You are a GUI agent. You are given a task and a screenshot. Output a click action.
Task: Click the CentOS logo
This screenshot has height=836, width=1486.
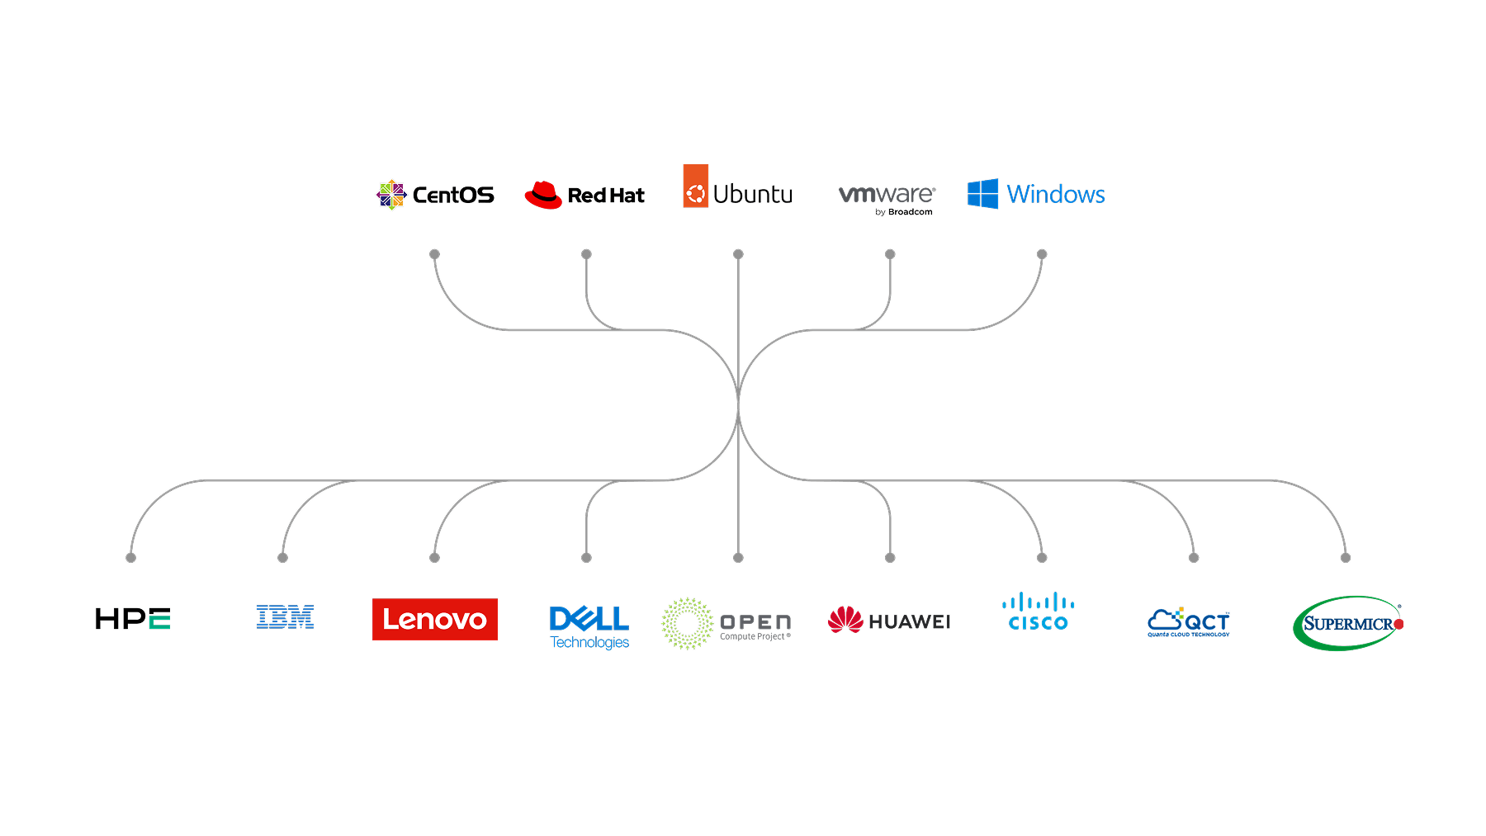click(x=435, y=195)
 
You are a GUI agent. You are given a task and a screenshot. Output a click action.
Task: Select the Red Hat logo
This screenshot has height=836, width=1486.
click(x=584, y=195)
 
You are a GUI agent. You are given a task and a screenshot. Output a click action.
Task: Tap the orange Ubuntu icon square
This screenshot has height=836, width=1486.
click(x=696, y=187)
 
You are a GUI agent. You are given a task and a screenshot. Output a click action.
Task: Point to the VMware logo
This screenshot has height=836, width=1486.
click(x=887, y=197)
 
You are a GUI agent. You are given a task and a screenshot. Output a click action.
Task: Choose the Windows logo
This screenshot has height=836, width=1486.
click(x=1036, y=194)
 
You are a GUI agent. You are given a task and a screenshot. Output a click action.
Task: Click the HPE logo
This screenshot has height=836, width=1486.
click(x=133, y=619)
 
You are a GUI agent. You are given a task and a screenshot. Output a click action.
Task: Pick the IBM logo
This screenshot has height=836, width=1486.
click(x=285, y=617)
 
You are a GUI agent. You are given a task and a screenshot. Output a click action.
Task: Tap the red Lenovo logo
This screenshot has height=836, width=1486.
click(x=435, y=619)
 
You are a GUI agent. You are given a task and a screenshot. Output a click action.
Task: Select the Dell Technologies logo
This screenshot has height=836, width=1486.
click(x=589, y=626)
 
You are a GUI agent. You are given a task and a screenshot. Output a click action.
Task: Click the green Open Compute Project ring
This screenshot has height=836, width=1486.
click(x=687, y=623)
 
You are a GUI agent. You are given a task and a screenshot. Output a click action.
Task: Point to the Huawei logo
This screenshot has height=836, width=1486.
click(x=889, y=621)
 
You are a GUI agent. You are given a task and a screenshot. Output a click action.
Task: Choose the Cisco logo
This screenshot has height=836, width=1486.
click(x=1039, y=612)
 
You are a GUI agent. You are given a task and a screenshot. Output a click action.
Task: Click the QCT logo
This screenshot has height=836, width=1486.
click(x=1189, y=622)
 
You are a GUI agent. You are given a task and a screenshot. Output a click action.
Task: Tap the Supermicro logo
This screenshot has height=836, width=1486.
click(x=1347, y=623)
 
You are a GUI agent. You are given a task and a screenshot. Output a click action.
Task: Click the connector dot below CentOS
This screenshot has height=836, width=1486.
click(x=434, y=254)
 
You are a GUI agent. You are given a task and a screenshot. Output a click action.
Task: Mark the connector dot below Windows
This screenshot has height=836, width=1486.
click(x=1042, y=254)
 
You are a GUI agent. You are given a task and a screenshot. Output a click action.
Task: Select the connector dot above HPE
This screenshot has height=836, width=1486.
click(x=130, y=558)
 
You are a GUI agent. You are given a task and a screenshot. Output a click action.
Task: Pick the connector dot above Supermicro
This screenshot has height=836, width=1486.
click(x=1346, y=558)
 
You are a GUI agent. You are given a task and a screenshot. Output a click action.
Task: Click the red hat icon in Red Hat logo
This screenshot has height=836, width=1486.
click(x=543, y=195)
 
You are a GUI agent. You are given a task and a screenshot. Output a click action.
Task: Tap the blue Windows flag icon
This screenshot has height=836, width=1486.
click(x=983, y=194)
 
